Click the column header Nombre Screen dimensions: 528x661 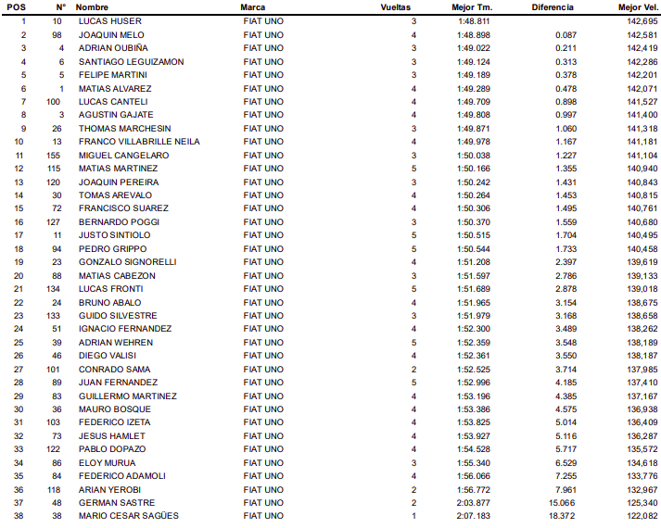[x=92, y=6]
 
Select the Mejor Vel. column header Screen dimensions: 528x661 [x=637, y=6]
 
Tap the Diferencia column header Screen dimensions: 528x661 [x=553, y=6]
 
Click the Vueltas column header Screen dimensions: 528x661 [x=396, y=6]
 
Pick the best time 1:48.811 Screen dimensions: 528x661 [x=474, y=20]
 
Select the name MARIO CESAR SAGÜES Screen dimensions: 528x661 [x=128, y=516]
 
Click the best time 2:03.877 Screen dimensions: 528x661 [x=474, y=502]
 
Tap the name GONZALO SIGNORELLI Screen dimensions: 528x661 [x=127, y=262]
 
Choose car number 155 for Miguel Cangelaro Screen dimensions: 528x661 [x=56, y=155]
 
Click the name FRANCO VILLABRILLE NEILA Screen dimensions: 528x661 [x=139, y=142]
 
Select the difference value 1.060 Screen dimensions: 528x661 [x=566, y=128]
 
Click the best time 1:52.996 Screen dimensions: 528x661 [x=474, y=383]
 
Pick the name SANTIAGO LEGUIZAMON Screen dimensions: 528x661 [x=131, y=61]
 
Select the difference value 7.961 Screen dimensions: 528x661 [x=566, y=489]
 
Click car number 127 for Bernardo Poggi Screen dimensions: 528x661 [x=56, y=222]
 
